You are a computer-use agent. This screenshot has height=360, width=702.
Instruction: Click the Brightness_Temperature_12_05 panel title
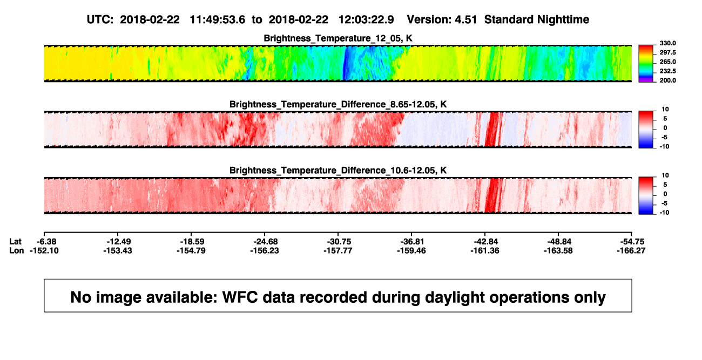pyautogui.click(x=338, y=38)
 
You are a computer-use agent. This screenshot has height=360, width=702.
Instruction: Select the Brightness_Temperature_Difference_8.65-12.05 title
pyautogui.click(x=338, y=104)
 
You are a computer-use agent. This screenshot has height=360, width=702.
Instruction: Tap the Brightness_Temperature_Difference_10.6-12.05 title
pyautogui.click(x=338, y=171)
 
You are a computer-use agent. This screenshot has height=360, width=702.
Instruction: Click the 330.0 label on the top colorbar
pyautogui.click(x=667, y=43)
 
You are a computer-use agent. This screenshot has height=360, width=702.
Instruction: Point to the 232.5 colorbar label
pyautogui.click(x=667, y=71)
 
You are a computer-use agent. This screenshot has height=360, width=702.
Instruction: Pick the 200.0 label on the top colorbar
pyautogui.click(x=667, y=80)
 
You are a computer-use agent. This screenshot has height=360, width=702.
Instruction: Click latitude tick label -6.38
pyautogui.click(x=46, y=242)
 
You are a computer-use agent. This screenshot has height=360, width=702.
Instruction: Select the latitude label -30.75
pyautogui.click(x=339, y=242)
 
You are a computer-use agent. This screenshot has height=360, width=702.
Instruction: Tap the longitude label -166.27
pyautogui.click(x=631, y=250)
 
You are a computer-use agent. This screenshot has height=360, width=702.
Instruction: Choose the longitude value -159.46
pyautogui.click(x=411, y=250)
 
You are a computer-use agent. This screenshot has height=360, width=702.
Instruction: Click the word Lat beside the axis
pyautogui.click(x=15, y=242)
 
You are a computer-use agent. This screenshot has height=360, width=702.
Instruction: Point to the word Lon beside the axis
pyautogui.click(x=16, y=250)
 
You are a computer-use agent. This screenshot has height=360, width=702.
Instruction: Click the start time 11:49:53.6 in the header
pyautogui.click(x=218, y=20)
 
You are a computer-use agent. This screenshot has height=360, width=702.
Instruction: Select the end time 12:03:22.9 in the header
pyautogui.click(x=366, y=20)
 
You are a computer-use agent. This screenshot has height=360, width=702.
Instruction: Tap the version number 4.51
pyautogui.click(x=465, y=20)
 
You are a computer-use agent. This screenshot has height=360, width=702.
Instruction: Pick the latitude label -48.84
pyautogui.click(x=559, y=242)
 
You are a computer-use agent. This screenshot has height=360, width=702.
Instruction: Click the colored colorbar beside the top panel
pyautogui.click(x=646, y=64)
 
